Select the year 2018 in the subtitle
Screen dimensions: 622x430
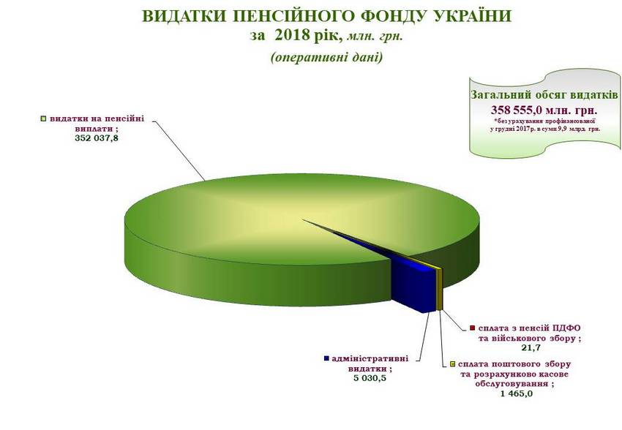pos(291,35)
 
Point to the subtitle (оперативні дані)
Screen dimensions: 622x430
pos(327,58)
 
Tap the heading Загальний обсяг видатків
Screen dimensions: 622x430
pos(544,95)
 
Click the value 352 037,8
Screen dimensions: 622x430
pos(97,138)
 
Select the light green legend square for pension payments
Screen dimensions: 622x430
pos(44,118)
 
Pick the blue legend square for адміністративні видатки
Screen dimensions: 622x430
pos(326,358)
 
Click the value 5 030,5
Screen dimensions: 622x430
pos(370,378)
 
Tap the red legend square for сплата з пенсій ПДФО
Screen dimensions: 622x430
pos(472,328)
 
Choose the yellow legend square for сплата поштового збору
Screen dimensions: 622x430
pos(451,363)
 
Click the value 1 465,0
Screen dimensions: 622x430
pos(516,393)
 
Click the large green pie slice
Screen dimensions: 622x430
pos(246,238)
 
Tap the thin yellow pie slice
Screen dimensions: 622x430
pos(439,289)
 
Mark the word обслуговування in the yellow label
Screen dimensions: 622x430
pos(512,384)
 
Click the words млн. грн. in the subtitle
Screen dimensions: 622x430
pos(375,37)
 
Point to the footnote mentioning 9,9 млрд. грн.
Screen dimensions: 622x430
pos(545,125)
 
